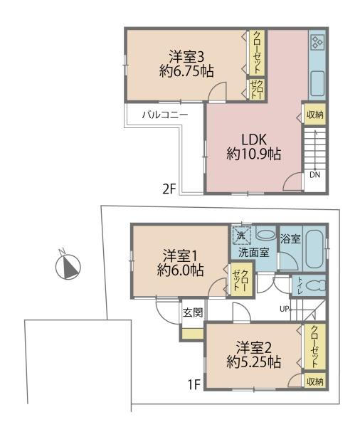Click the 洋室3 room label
click(186, 57)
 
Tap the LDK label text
click(254, 139)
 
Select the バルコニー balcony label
click(165, 115)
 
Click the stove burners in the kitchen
click(317, 43)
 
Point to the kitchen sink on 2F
click(317, 83)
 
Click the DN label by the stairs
click(314, 175)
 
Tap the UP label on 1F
click(284, 309)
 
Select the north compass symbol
click(68, 266)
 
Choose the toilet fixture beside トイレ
click(316, 285)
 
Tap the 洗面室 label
click(254, 253)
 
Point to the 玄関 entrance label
click(193, 312)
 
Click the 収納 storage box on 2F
click(314, 115)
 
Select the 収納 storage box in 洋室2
click(315, 381)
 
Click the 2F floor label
click(169, 189)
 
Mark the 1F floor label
click(194, 384)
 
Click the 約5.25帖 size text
click(254, 362)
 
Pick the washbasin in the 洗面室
click(266, 235)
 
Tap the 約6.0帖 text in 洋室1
click(180, 270)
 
